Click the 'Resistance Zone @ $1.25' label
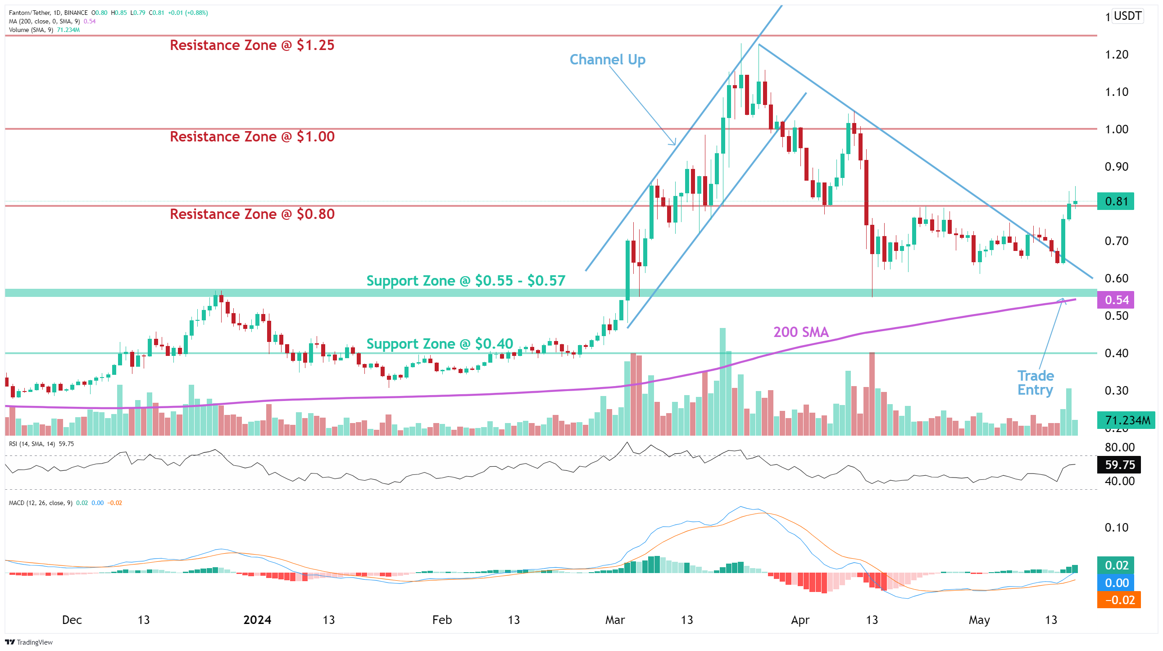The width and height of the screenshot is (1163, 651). tap(252, 45)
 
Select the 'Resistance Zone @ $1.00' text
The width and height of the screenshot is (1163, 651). tap(252, 137)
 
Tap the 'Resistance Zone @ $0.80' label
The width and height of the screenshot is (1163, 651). tap(252, 214)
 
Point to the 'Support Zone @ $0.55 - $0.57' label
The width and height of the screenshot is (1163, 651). tap(465, 281)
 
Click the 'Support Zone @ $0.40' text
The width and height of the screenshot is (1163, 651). tap(439, 344)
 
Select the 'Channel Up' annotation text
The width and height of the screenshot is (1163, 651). tap(607, 59)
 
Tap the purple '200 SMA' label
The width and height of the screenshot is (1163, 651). tap(801, 332)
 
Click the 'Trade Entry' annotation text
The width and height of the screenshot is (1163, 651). tap(1035, 383)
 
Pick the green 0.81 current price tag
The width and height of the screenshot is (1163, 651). tap(1116, 201)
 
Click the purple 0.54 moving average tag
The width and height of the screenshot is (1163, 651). tap(1116, 300)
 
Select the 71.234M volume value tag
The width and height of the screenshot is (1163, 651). tap(1127, 421)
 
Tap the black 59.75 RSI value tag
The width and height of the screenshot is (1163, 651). tap(1119, 465)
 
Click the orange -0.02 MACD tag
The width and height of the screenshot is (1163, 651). tap(1119, 601)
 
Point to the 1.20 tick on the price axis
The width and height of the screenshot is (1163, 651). tap(1116, 55)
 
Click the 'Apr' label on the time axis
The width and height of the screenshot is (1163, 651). tap(800, 620)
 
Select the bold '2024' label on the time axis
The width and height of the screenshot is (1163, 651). tap(257, 620)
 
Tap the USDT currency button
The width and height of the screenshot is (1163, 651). tap(1127, 16)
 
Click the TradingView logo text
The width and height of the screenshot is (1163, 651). tap(29, 642)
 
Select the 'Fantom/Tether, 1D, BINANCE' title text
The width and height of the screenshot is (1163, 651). tap(48, 13)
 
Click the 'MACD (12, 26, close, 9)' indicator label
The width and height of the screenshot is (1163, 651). tap(41, 503)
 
